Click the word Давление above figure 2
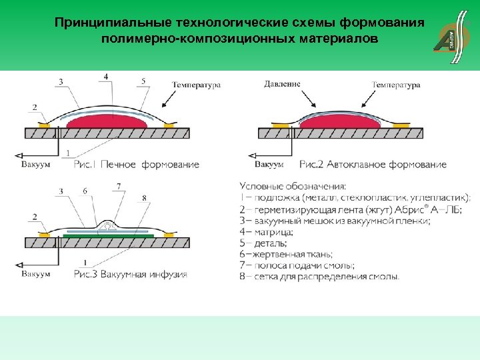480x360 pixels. tap(282, 85)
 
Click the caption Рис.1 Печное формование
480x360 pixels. tap(137, 165)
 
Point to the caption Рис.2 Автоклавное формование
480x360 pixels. tap(373, 165)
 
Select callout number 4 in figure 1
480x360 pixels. tap(107, 77)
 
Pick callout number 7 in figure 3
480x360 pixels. tap(118, 187)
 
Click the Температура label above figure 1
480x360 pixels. tap(196, 85)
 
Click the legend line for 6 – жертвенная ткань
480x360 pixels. tap(286, 254)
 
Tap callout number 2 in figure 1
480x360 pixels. tap(34, 107)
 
